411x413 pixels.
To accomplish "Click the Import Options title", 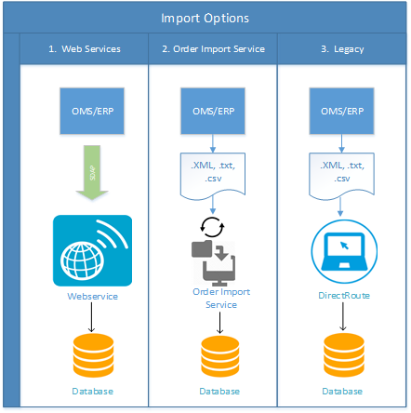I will click(205, 18).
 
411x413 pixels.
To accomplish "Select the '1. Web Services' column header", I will click(84, 49).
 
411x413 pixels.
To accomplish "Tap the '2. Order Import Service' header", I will click(213, 49).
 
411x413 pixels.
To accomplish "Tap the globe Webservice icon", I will click(92, 250).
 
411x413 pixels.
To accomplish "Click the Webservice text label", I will click(92, 295).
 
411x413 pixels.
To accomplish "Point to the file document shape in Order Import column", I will click(213, 170).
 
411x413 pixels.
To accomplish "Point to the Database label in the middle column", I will click(220, 392).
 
